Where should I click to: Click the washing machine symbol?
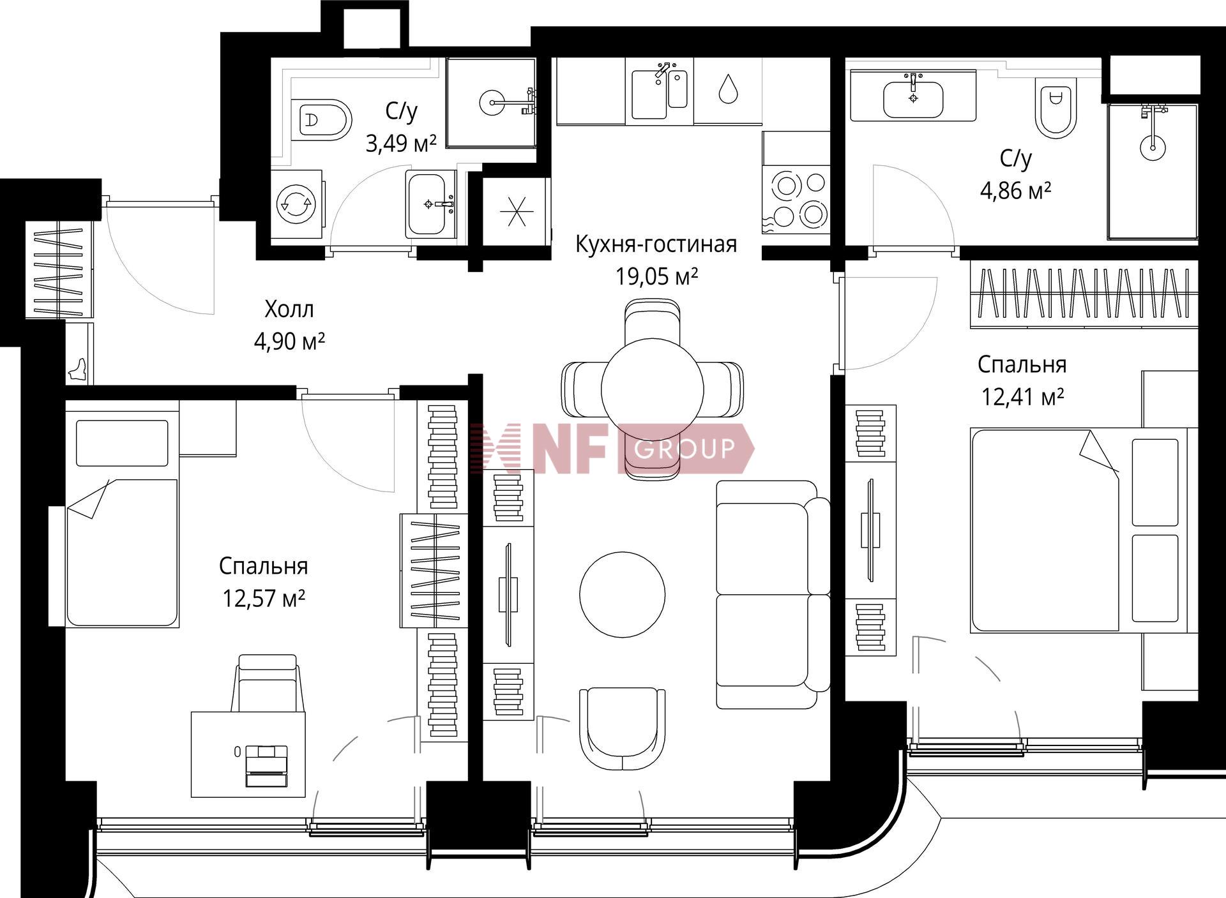(x=296, y=204)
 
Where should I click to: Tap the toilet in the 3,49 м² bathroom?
(x=322, y=119)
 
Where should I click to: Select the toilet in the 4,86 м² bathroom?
(x=1056, y=109)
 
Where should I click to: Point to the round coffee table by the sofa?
(x=623, y=594)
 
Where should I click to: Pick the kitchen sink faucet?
(x=662, y=71)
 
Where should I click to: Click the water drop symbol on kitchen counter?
(x=728, y=89)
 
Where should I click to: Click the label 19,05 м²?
(x=656, y=277)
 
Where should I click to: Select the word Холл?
(x=289, y=310)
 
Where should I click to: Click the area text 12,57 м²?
(x=263, y=599)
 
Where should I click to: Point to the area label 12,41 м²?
(x=1022, y=398)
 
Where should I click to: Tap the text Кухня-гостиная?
(x=656, y=244)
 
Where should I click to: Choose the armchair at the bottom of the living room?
(x=623, y=730)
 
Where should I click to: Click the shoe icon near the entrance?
(x=79, y=370)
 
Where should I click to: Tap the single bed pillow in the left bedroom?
(x=122, y=442)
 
